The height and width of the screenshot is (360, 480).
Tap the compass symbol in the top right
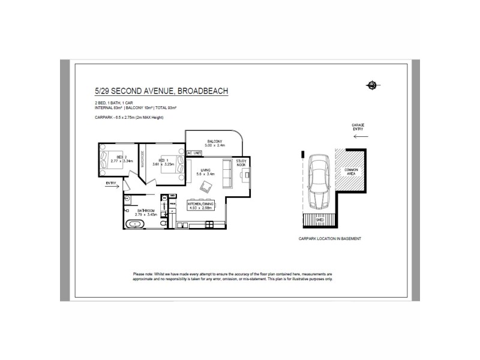373,85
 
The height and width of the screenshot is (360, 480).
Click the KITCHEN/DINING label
202,205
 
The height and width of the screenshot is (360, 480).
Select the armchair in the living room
206,187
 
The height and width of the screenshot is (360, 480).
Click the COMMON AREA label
350,173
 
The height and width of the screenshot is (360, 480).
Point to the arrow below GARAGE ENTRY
361,137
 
